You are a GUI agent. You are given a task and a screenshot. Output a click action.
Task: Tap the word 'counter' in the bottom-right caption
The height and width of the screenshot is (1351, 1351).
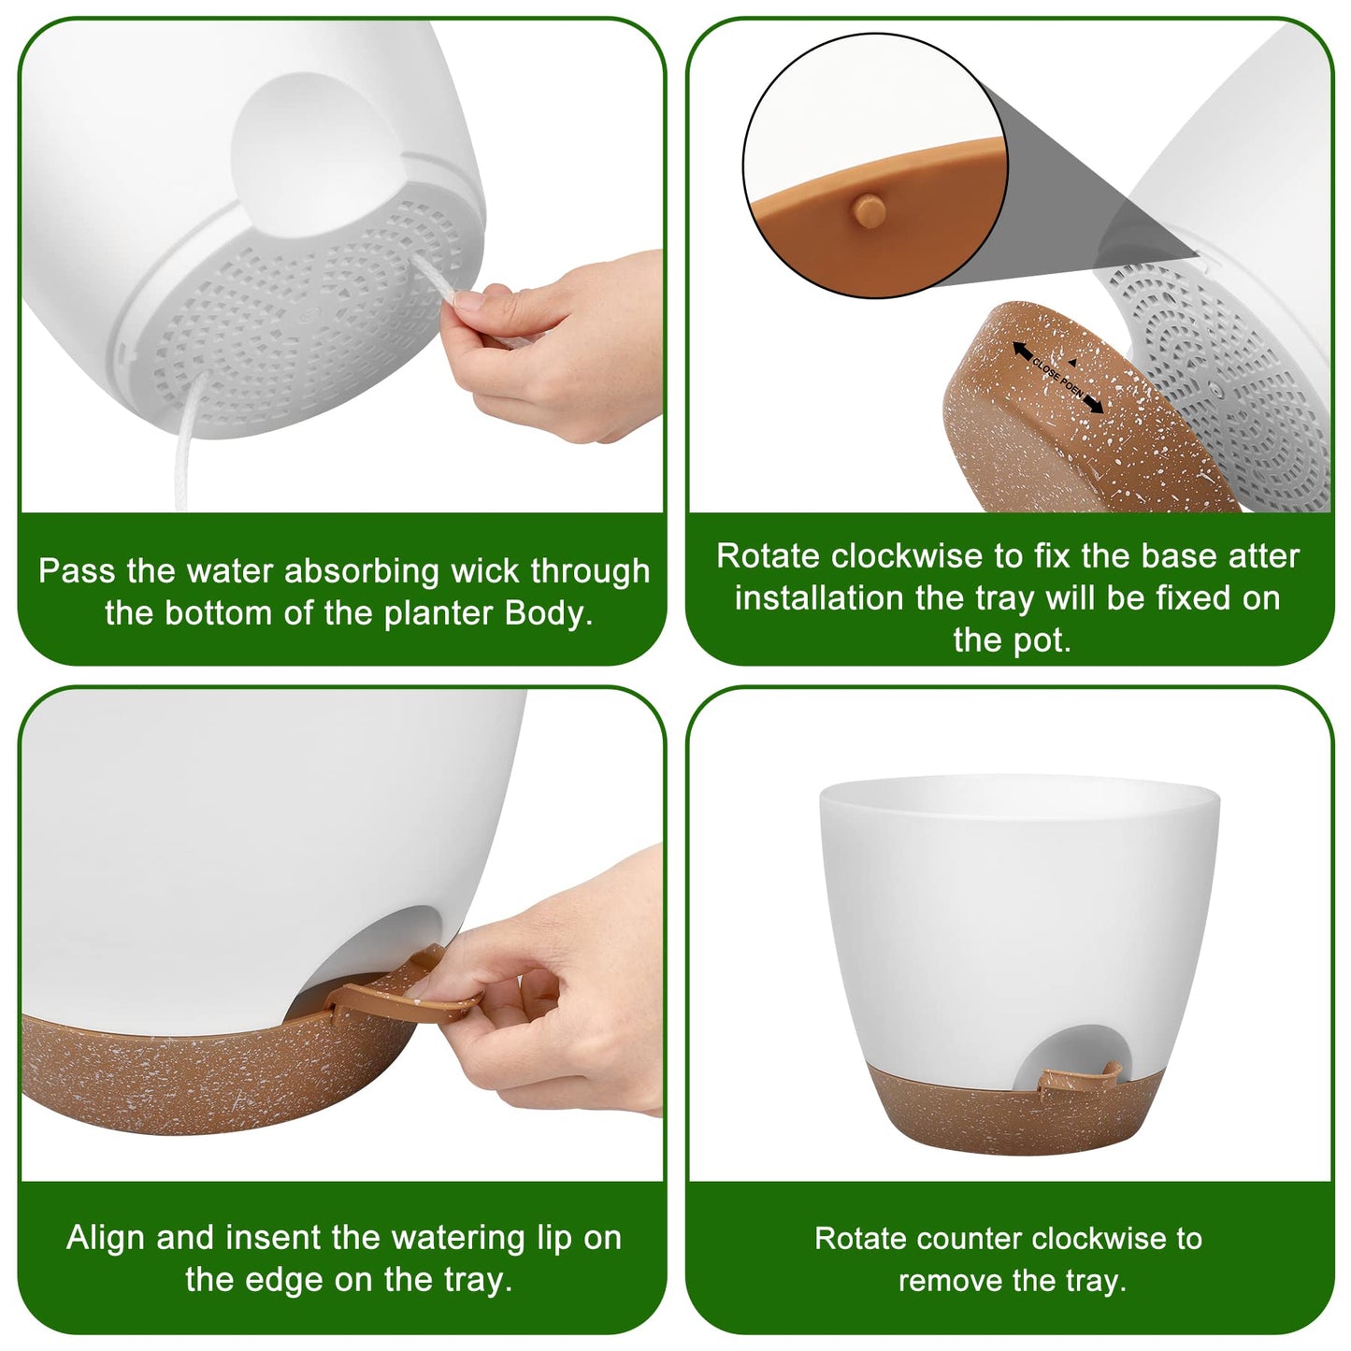coord(946,1239)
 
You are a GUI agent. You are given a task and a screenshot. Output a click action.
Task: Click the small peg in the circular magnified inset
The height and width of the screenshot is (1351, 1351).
coord(869,209)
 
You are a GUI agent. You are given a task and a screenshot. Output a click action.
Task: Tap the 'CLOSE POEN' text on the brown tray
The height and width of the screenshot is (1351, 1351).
coord(1057,377)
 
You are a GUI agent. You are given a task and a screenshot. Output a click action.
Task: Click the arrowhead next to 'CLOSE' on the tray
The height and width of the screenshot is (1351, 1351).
coord(1022,351)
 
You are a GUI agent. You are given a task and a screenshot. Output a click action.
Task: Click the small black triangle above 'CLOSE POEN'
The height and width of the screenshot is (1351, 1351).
coord(1071,363)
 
